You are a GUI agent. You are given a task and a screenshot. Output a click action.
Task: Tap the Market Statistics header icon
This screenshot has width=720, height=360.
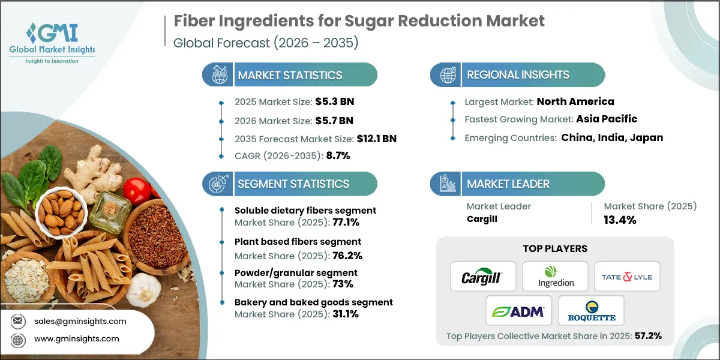pos(217,75)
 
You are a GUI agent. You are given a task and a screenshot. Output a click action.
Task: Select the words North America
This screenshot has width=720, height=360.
pos(575,101)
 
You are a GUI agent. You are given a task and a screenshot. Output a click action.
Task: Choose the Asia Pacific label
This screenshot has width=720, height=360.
pos(607,119)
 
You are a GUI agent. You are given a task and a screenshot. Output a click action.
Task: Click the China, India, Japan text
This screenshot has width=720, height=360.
pos(612,137)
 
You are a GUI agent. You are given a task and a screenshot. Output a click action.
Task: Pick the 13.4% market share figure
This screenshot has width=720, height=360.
pos(620,220)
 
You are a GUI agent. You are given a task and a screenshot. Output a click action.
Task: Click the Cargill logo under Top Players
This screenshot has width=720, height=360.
pos(483,277)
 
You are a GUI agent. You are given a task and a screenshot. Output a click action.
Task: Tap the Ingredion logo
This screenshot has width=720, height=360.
pos(555,277)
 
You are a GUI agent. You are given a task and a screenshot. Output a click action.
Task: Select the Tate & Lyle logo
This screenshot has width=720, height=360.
pos(627,277)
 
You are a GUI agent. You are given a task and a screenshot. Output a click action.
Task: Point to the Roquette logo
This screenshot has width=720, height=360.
pos(591,310)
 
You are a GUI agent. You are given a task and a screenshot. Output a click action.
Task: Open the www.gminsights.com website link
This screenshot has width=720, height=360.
pos(76,338)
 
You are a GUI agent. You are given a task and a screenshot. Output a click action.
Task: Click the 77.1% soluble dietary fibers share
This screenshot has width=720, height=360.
pos(343,222)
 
